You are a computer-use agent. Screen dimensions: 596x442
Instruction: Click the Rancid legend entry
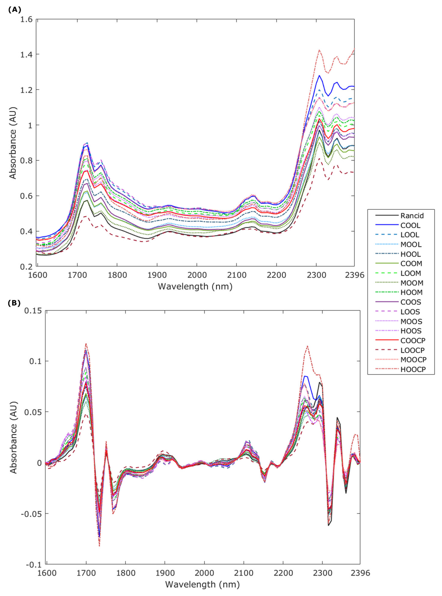click(412, 216)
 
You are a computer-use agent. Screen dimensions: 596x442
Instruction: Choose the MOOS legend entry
click(411, 321)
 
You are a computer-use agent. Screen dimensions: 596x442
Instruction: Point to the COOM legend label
click(411, 264)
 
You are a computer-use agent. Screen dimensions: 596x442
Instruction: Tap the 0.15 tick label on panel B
click(33, 311)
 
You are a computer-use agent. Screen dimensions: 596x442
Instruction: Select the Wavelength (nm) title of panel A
click(195, 286)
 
